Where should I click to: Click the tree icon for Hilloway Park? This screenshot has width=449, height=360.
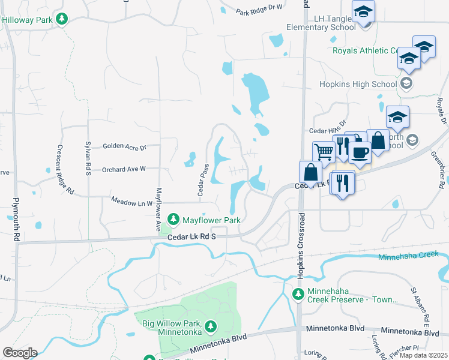tap(61, 19)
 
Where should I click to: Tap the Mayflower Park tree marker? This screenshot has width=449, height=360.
tap(173, 220)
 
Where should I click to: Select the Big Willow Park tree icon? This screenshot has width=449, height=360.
tap(210, 326)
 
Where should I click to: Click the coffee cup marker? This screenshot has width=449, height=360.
tap(360, 151)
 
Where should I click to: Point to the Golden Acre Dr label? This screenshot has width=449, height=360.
tap(124, 146)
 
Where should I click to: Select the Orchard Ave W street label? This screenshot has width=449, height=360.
tap(124, 169)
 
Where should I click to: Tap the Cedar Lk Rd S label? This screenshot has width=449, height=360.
tap(191, 237)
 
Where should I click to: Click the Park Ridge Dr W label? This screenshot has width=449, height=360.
tap(259, 10)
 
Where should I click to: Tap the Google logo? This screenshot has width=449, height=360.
tap(20, 352)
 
